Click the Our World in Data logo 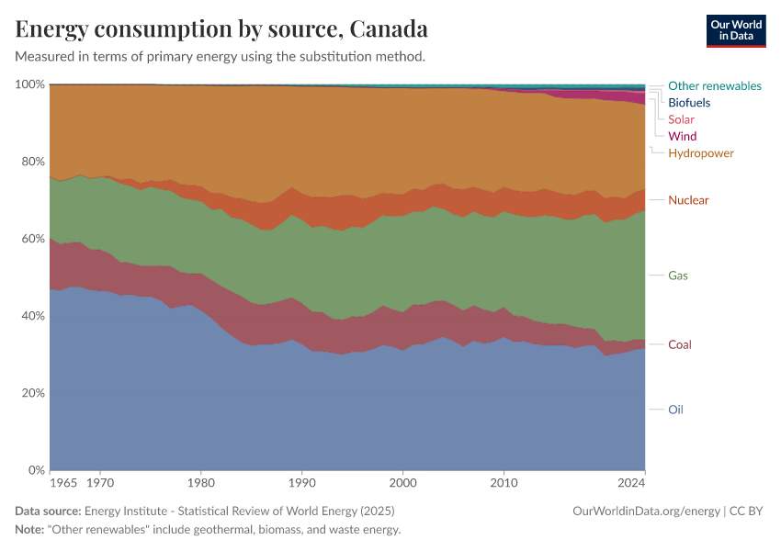735,30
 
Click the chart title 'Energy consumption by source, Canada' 221,28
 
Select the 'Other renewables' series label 714,85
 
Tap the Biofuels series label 688,102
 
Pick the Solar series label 681,119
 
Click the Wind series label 682,136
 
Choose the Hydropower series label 700,152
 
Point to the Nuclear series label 688,200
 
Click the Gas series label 678,275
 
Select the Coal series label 680,344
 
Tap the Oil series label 675,410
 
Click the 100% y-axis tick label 28,84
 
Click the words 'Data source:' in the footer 48,511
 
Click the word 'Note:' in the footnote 30,530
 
